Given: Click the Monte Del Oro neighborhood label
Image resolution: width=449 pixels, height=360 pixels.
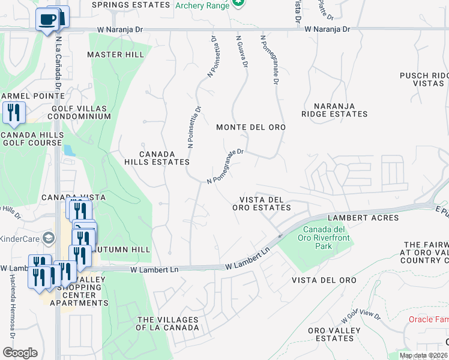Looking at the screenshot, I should tap(250, 127).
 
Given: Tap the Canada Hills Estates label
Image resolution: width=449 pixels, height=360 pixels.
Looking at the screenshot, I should tap(157, 158).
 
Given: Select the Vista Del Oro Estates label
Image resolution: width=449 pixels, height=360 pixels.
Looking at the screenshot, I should tap(261, 203).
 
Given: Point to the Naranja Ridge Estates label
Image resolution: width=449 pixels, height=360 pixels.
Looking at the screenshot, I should tap(334, 110).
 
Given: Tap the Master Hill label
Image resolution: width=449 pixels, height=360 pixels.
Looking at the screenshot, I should tap(115, 55).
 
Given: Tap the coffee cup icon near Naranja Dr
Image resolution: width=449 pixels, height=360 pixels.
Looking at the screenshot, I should tap(47, 19).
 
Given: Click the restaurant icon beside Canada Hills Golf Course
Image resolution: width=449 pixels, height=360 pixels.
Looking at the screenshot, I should tap(13, 112).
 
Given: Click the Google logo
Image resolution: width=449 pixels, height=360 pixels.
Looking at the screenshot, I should tap(20, 353).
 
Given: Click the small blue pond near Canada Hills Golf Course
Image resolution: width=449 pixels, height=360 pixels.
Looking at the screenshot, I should tap(69, 151).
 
